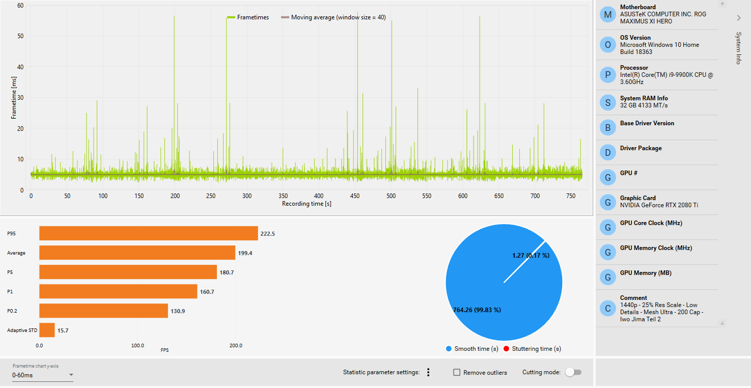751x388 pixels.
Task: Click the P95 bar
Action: coord(148,233)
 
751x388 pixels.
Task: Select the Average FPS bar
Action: coord(137,253)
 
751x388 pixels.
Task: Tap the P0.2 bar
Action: coord(103,311)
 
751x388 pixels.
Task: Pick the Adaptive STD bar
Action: coord(47,330)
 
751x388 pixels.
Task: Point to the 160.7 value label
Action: coord(207,292)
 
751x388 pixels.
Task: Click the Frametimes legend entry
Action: coord(248,17)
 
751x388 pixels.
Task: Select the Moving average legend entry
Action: coord(333,17)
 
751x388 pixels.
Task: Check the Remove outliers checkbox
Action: coord(457,373)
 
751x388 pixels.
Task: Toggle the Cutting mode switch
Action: coord(573,372)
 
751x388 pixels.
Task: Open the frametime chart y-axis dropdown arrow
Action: coord(71,375)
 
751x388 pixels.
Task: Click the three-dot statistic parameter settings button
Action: coord(428,372)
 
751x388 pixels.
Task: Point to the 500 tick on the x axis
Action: coord(391,196)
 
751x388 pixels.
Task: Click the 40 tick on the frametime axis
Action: coord(20,67)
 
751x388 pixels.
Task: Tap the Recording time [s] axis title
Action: coord(307,204)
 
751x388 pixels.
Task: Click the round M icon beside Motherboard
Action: coord(607,15)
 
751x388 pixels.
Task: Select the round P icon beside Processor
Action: coord(607,75)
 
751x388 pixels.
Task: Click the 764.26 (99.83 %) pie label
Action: coord(477,310)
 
